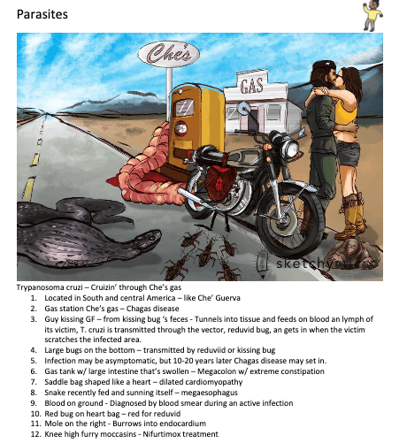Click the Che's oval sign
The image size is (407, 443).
coord(169,54)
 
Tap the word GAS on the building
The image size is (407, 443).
coord(251,86)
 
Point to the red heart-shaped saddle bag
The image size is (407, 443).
coord(220,182)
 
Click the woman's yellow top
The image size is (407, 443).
coord(346,112)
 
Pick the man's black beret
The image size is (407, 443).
coord(324,65)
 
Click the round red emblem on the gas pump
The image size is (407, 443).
coord(180,128)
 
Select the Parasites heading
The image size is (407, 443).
coord(42,14)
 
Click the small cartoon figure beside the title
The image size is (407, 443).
coord(372,15)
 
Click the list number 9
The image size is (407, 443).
coord(34,403)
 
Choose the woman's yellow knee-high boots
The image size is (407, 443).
coord(352,217)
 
